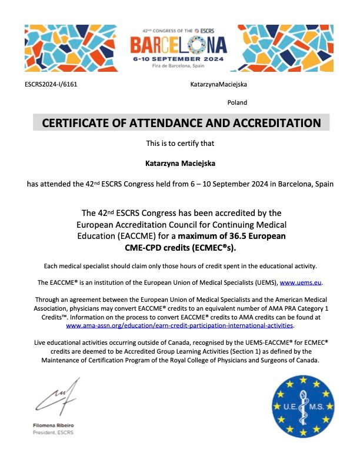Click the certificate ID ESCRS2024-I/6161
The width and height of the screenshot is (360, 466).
[x=51, y=85]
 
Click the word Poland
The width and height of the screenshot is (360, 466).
[x=237, y=102]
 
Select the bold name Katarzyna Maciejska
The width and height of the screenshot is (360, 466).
[x=180, y=164]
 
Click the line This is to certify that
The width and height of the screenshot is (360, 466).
[x=180, y=143]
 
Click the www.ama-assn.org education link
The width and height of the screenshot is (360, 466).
[x=179, y=325]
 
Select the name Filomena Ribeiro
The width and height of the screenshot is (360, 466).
[x=54, y=425]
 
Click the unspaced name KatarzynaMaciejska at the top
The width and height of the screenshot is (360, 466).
[x=218, y=85]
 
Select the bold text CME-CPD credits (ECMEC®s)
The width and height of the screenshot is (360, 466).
[x=180, y=247]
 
